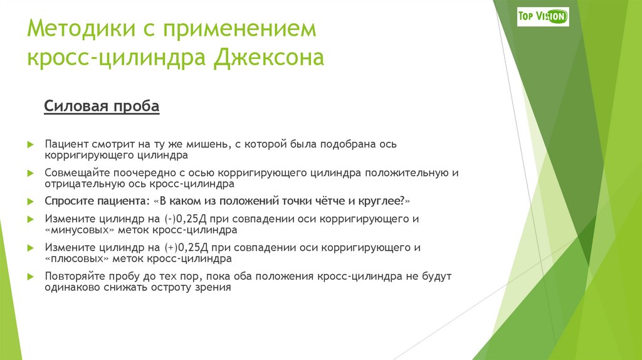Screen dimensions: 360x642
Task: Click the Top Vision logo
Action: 543,16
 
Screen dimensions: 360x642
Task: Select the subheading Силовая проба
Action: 102,107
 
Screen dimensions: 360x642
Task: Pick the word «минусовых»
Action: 74,230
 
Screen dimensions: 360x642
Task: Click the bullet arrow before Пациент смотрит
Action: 29,144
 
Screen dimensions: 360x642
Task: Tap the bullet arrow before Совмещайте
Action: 29,172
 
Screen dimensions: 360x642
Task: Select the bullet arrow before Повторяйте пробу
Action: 29,276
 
